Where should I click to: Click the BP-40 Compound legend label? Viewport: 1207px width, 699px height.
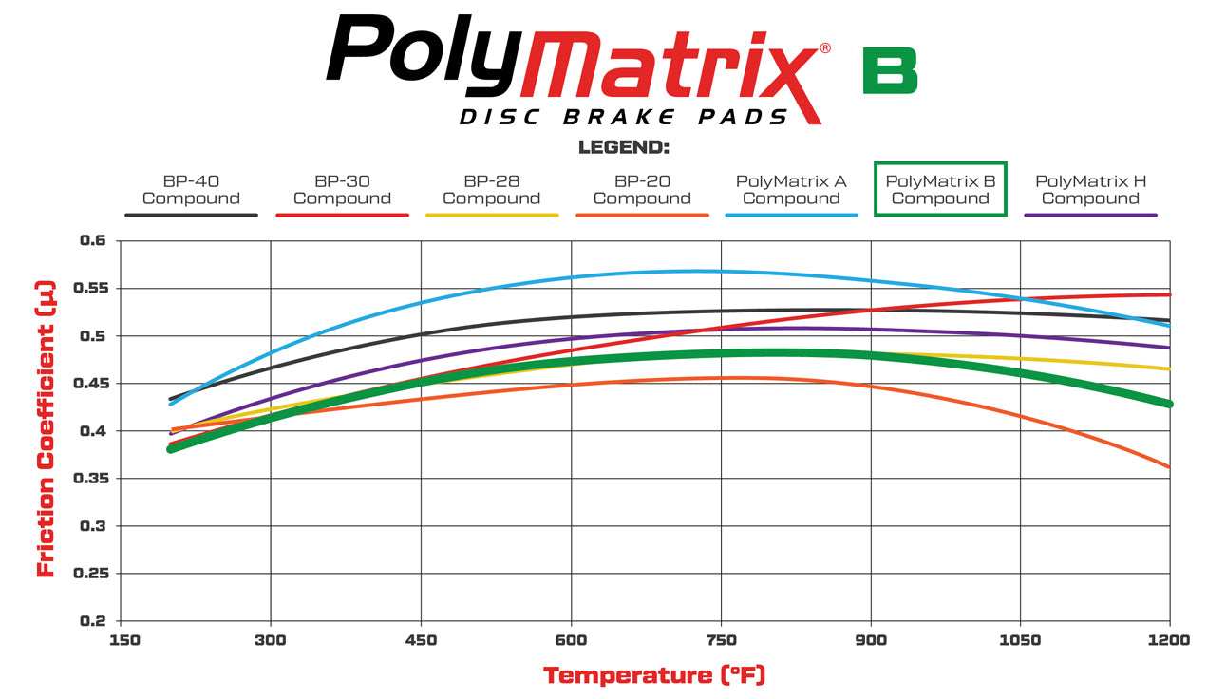[x=191, y=190]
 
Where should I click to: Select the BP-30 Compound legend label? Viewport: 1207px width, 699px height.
[x=342, y=190]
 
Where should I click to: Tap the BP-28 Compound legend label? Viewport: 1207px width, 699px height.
[x=491, y=190]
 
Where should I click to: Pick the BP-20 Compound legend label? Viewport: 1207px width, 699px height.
[x=642, y=190]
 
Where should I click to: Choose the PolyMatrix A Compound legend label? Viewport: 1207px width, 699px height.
[x=791, y=190]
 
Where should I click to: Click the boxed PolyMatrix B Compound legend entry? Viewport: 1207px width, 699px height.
[x=940, y=189]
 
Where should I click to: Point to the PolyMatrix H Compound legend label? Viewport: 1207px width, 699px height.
[x=1090, y=190]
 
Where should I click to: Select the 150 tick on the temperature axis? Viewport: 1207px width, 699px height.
[x=124, y=640]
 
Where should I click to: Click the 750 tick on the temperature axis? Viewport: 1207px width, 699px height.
[x=722, y=640]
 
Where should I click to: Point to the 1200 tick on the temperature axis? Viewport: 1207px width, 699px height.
[x=1168, y=640]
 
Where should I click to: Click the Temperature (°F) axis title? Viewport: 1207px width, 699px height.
[x=654, y=675]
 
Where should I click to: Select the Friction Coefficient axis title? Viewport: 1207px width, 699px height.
[x=45, y=428]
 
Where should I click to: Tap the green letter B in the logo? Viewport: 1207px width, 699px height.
[x=890, y=70]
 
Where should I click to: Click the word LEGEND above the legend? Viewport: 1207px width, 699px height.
[x=624, y=148]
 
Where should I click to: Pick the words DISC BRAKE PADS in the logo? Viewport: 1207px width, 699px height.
[x=624, y=117]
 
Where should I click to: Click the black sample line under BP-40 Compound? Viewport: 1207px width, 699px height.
[x=191, y=216]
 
